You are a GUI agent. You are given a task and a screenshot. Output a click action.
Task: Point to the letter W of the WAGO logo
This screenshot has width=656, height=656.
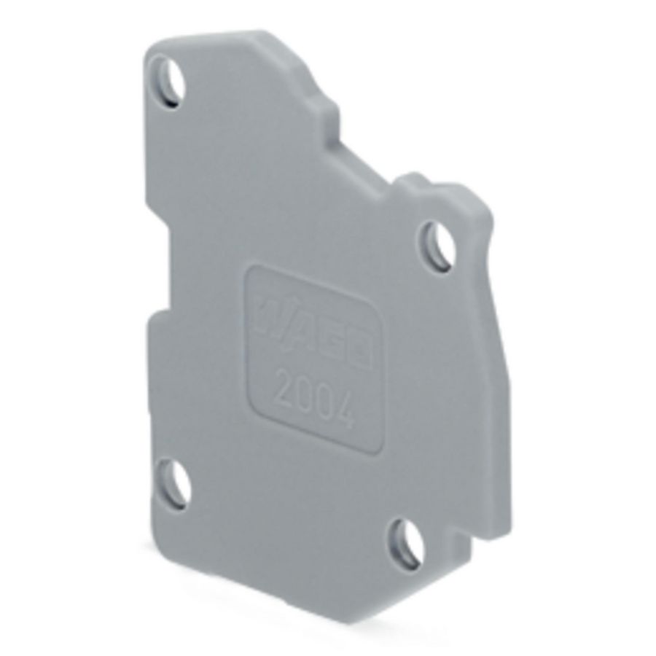coord(268,313)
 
